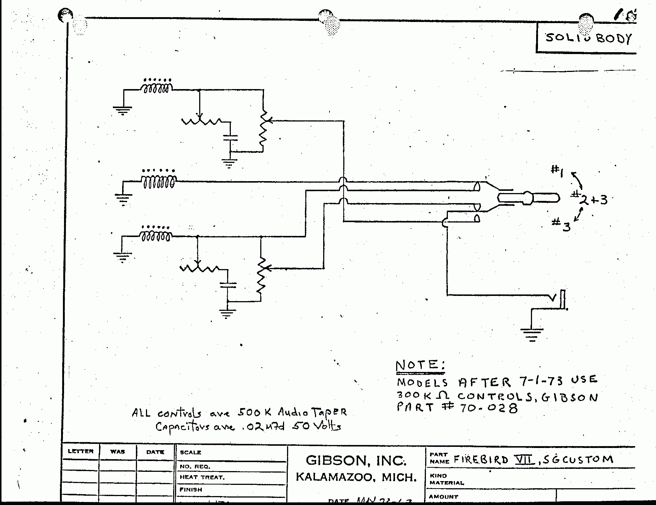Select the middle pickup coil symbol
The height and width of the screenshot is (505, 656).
click(x=158, y=182)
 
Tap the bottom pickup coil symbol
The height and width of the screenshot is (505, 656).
click(x=156, y=236)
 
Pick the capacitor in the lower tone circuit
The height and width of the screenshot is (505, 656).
click(x=228, y=285)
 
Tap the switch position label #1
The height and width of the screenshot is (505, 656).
click(x=557, y=170)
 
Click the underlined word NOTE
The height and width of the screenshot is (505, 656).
click(x=420, y=365)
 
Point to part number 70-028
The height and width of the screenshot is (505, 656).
click(x=488, y=408)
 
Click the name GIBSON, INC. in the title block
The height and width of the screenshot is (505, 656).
click(x=356, y=461)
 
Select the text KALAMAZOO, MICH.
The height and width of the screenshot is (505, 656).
click(x=356, y=477)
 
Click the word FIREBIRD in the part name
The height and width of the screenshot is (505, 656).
click(x=481, y=459)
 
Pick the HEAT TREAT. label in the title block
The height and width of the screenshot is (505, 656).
click(x=202, y=477)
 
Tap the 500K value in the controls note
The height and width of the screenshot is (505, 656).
click(x=251, y=412)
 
